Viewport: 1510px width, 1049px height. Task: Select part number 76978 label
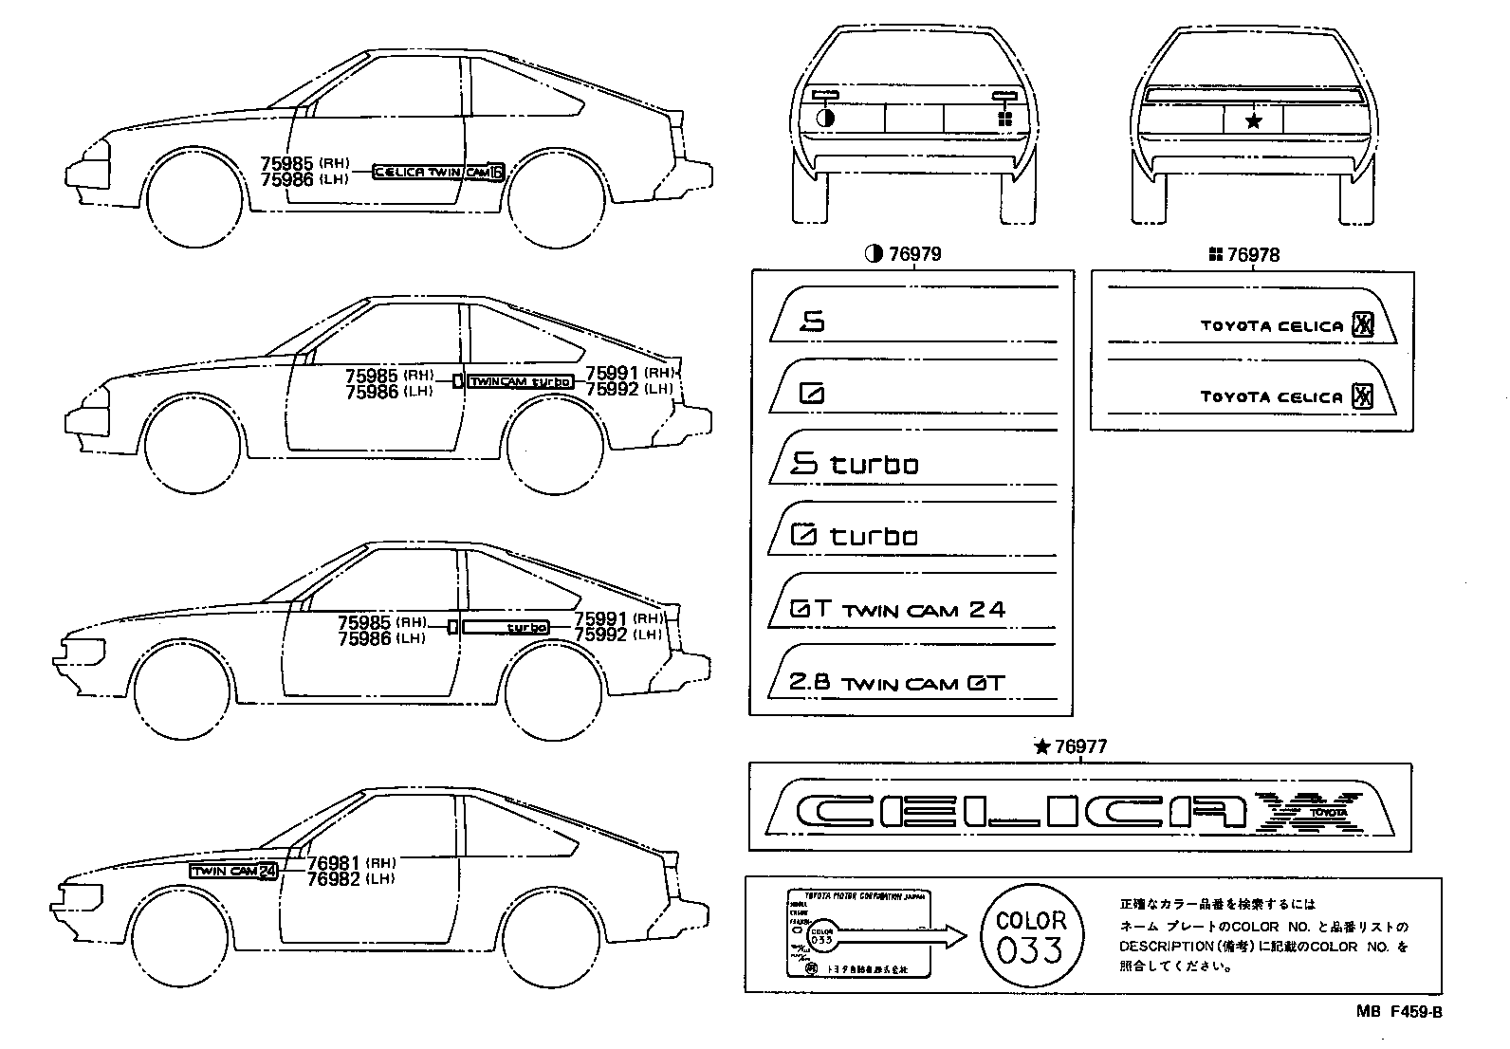point(1253,255)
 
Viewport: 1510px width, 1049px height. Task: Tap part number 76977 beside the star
point(1080,747)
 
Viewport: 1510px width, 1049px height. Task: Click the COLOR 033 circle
point(1031,936)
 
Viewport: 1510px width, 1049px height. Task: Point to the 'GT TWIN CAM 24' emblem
point(897,610)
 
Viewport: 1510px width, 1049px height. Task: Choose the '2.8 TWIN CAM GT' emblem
point(896,683)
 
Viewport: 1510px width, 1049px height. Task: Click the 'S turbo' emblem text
point(855,464)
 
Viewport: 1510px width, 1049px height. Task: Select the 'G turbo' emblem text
point(854,536)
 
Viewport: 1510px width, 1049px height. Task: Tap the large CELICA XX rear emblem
point(1072,812)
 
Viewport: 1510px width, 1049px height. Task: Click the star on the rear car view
point(1254,120)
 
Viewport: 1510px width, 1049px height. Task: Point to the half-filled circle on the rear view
point(824,119)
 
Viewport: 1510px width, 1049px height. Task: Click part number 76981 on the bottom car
point(334,864)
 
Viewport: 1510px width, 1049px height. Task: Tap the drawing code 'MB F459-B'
point(1398,1013)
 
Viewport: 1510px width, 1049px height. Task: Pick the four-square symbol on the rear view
point(1005,119)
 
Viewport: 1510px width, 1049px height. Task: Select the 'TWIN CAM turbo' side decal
point(522,381)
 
